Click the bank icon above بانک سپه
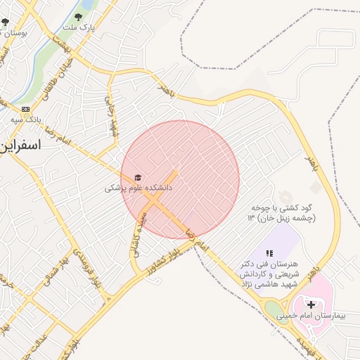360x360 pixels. [25, 109]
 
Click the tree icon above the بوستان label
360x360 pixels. [6, 22]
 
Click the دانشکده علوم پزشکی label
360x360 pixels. [139, 188]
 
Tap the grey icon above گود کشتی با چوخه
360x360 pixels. [283, 195]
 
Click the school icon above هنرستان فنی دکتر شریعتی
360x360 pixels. [269, 252]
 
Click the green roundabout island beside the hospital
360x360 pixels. [274, 309]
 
